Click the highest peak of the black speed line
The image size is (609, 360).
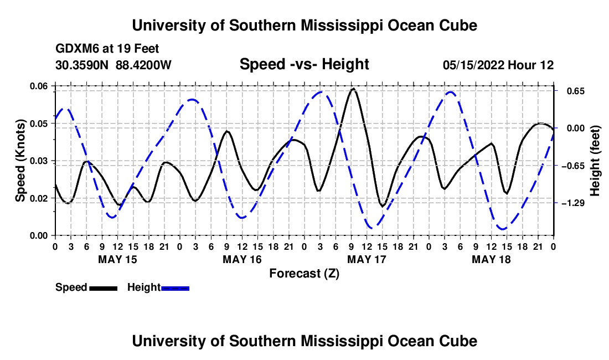(x=353, y=89)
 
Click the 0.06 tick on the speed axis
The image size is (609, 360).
(x=54, y=86)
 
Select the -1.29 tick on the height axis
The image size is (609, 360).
(x=555, y=203)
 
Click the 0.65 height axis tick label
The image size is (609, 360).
(x=576, y=91)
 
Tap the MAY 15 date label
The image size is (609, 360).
(x=118, y=259)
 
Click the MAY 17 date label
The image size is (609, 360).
(x=367, y=259)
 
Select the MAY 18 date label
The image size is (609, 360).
(x=491, y=259)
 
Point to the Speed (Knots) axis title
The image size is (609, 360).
(x=20, y=161)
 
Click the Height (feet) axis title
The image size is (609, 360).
(x=595, y=161)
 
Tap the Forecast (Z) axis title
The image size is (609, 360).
(x=304, y=274)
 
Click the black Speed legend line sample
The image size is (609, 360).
(x=104, y=289)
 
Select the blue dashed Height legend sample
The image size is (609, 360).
(x=175, y=289)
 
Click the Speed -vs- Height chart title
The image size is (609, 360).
(x=304, y=64)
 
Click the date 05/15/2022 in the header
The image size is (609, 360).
(x=473, y=65)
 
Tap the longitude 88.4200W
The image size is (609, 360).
(x=143, y=65)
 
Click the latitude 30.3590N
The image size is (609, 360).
(x=82, y=65)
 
